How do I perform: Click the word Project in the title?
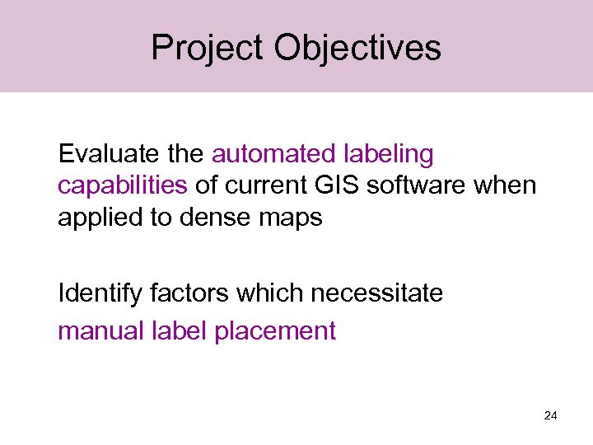[x=208, y=49]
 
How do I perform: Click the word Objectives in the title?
[x=357, y=49]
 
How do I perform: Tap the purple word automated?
[x=272, y=154]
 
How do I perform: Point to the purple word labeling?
[x=386, y=154]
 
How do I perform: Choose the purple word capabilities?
[x=123, y=185]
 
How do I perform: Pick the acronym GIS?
[x=337, y=185]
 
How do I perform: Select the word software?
[x=418, y=185]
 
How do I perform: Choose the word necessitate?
[x=376, y=293]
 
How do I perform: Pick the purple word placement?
[x=275, y=331]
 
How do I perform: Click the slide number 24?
[x=551, y=416]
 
